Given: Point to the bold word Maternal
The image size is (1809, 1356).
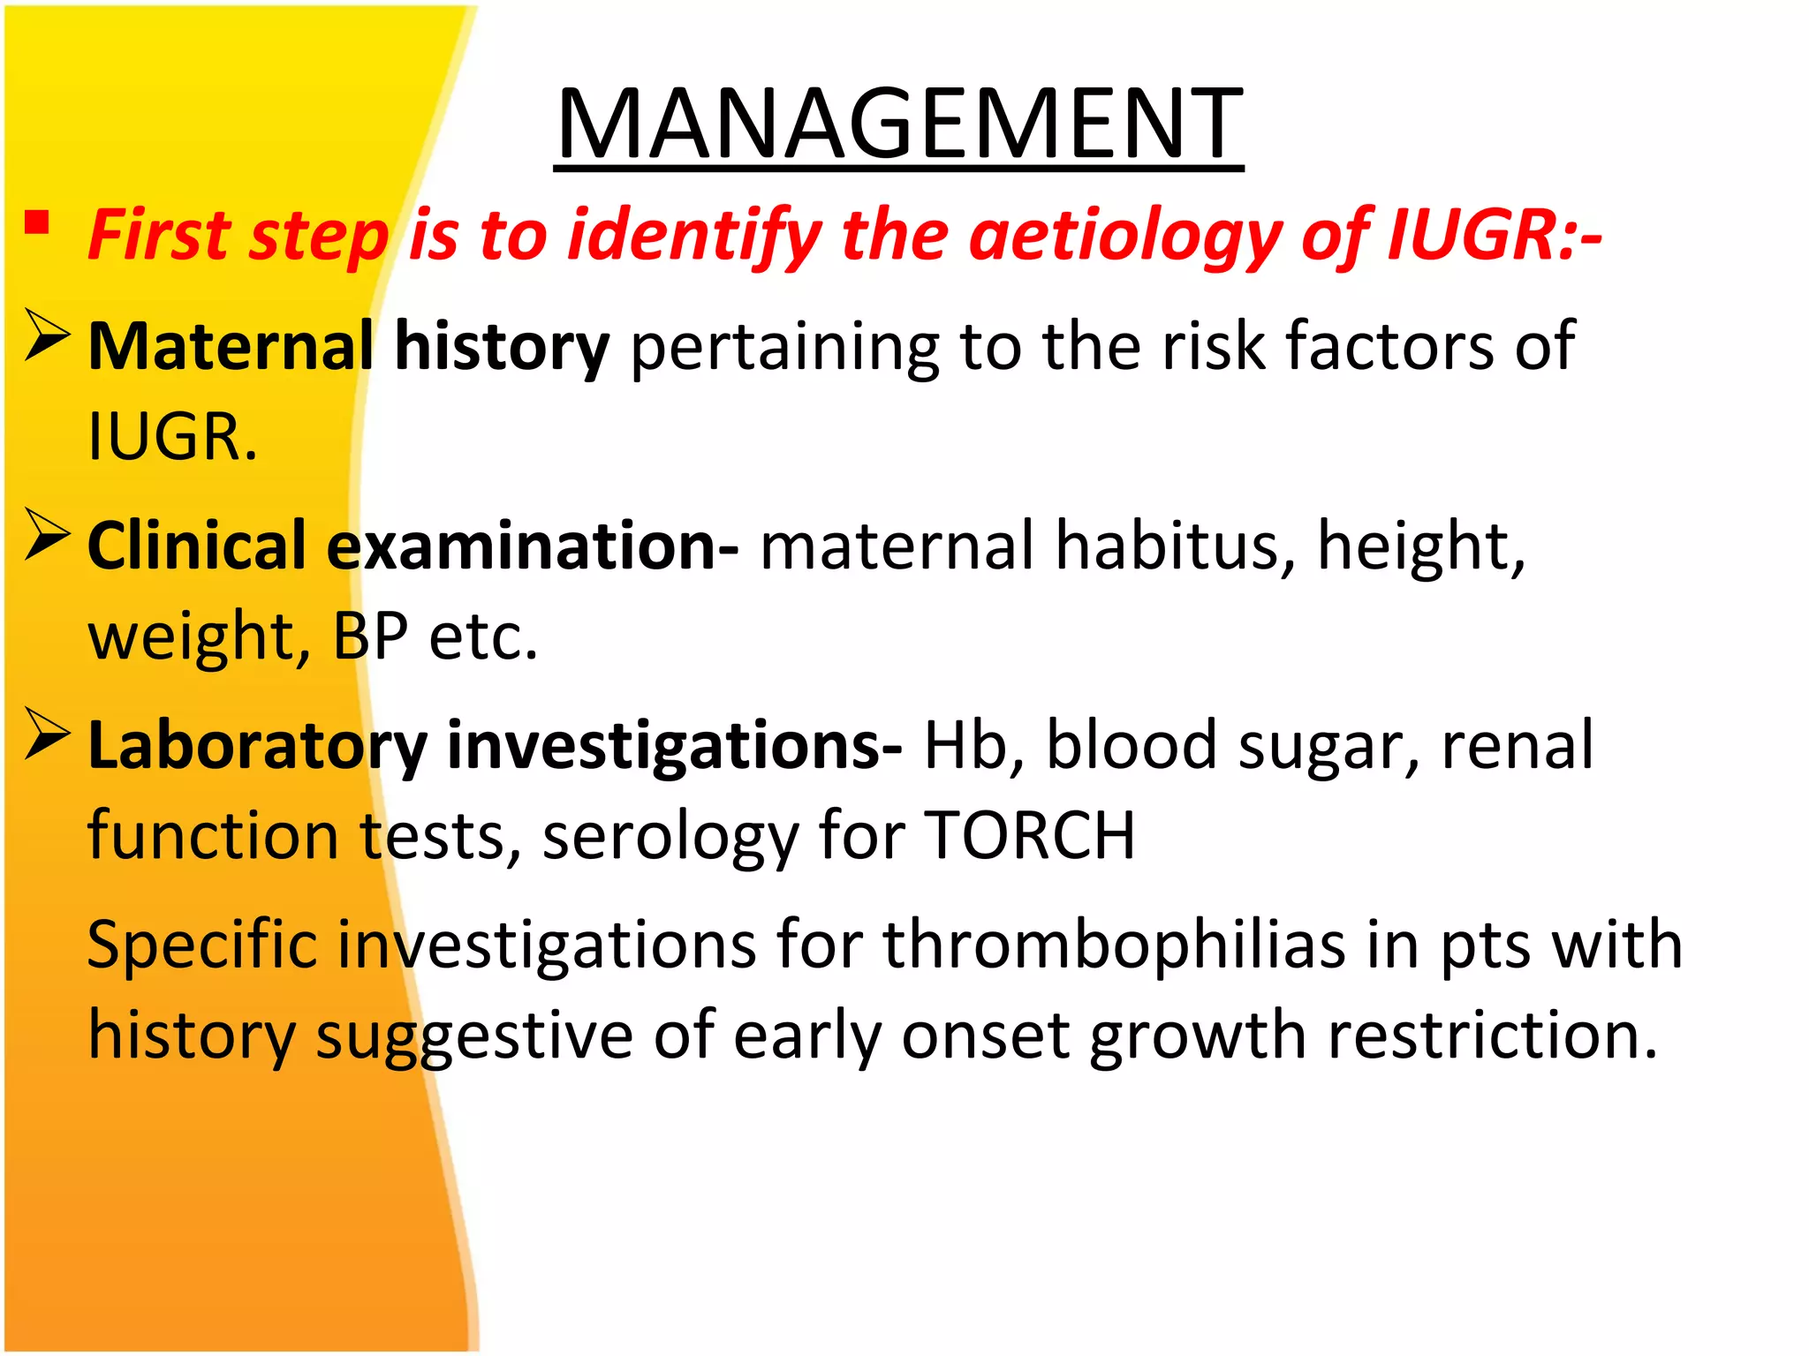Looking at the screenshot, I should (231, 346).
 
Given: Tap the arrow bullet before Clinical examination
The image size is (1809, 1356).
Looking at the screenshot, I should (47, 534).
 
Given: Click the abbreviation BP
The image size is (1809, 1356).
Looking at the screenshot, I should (370, 637).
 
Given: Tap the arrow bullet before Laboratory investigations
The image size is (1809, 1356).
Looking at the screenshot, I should (47, 734).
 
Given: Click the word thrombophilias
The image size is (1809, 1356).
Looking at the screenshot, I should (1115, 945).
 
